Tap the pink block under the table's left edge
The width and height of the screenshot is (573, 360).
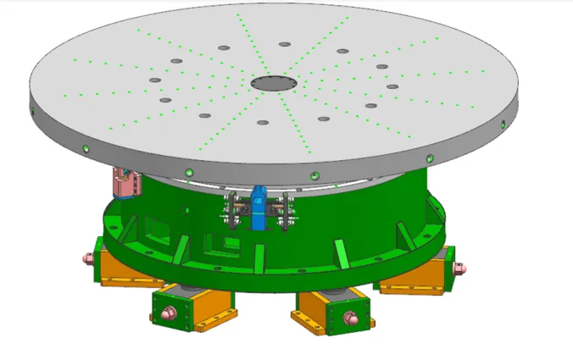click(x=127, y=182)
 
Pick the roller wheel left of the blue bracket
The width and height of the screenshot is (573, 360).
click(x=230, y=211)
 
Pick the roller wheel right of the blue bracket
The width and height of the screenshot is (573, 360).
click(x=286, y=212)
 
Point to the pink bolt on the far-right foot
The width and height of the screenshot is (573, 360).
click(x=459, y=269)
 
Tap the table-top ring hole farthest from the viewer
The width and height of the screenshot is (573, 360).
click(x=283, y=45)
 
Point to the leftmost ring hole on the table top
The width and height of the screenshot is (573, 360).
click(x=155, y=80)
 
